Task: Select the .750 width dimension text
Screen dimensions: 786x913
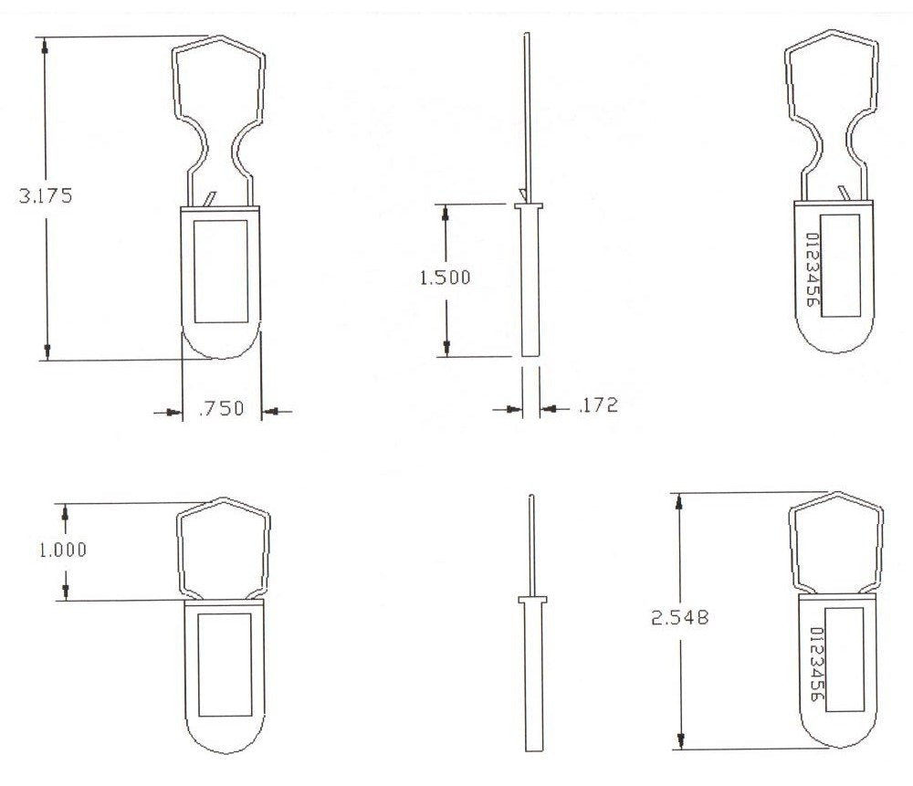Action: point(221,409)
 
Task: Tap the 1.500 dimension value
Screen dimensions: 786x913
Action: point(445,278)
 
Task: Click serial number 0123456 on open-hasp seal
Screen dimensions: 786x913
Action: point(811,269)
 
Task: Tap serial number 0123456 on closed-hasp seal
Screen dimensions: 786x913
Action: point(817,666)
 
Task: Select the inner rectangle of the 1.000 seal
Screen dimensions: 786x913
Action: point(225,664)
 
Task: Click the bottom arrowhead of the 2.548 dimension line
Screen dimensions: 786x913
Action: point(678,740)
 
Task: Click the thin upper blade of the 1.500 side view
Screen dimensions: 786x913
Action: point(526,110)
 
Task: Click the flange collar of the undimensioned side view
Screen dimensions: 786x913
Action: point(530,600)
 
